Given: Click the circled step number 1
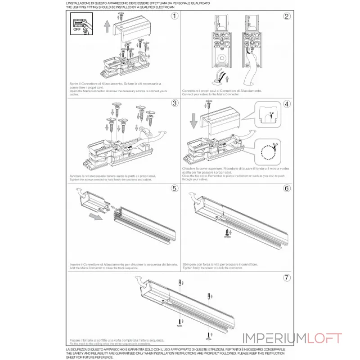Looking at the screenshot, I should [x=175, y=16].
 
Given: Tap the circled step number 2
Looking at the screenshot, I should [x=286, y=16].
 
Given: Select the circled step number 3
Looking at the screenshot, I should [x=175, y=103].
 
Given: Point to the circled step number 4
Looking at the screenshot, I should [x=286, y=103].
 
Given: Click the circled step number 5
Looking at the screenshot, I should [x=175, y=188].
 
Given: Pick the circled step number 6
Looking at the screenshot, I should [x=286, y=188].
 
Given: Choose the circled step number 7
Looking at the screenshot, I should [x=286, y=277].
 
